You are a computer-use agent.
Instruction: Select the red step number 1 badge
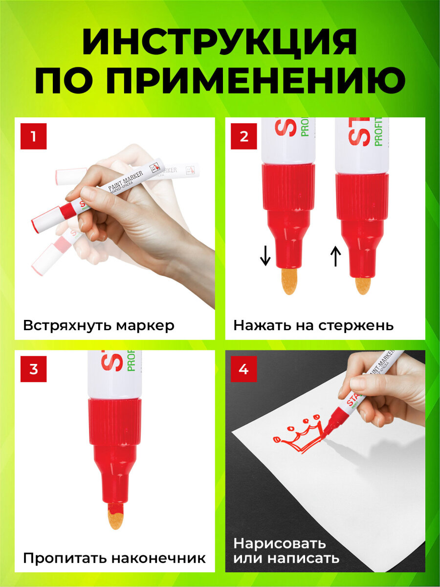(x=33, y=136)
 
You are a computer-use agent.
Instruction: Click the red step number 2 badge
(x=244, y=136)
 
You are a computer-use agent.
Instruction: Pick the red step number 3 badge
(x=33, y=369)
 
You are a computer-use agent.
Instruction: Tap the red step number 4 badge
(x=244, y=369)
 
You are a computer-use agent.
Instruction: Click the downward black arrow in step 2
(x=265, y=255)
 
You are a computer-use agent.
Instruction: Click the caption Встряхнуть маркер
(x=98, y=326)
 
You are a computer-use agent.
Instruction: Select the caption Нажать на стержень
(x=313, y=326)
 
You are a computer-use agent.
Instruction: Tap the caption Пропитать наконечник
(x=114, y=558)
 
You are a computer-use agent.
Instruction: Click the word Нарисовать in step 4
(x=279, y=543)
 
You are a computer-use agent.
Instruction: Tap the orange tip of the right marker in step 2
(x=363, y=285)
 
